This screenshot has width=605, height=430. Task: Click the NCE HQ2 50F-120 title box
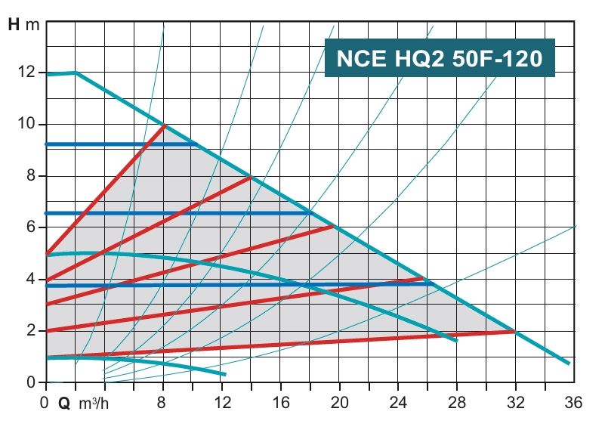coord(440,58)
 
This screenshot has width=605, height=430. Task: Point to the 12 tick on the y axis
coord(27,73)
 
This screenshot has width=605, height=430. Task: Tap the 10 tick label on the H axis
coord(27,124)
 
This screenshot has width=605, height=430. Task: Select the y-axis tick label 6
coord(31,227)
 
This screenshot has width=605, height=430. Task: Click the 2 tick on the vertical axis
coord(31,331)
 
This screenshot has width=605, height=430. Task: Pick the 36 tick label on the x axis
coord(574,402)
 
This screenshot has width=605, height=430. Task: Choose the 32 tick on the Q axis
coord(515,402)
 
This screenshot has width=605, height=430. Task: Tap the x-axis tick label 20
coord(339,402)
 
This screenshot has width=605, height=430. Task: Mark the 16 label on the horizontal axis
coord(280,402)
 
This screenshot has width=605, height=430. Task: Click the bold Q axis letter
coord(64,403)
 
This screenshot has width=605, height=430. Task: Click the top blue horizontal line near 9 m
coord(121,144)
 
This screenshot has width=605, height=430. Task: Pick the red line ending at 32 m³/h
coord(302,344)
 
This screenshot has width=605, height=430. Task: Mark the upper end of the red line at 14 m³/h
coord(250,177)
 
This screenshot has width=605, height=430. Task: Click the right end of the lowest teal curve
coord(225,374)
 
